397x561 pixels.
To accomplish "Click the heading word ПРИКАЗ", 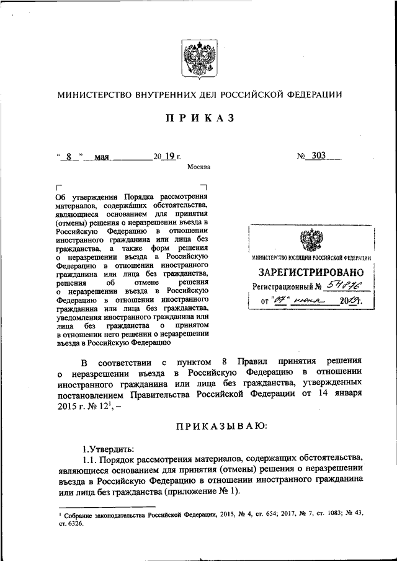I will click(198, 119).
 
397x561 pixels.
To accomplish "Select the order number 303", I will click(319, 156).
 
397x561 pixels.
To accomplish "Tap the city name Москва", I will click(198, 167).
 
